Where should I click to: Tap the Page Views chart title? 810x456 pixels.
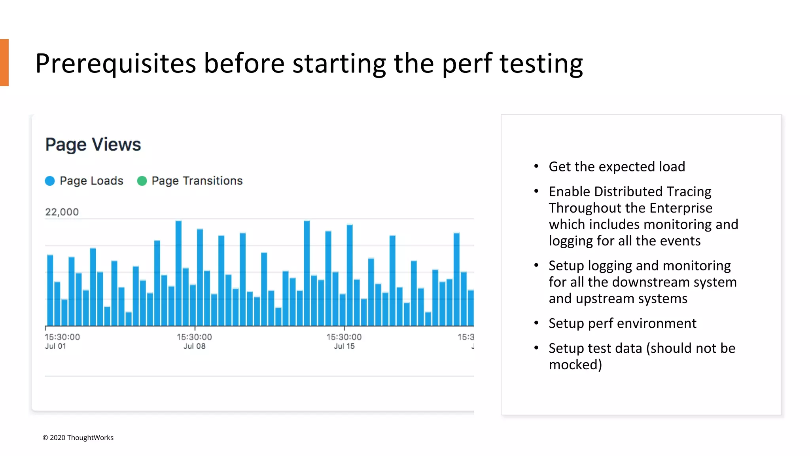(x=93, y=144)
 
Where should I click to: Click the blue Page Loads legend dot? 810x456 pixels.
(x=50, y=181)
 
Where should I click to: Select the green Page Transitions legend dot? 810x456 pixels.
(x=142, y=181)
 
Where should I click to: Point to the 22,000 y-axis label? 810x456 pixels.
(x=62, y=212)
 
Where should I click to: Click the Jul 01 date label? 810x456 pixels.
(x=55, y=346)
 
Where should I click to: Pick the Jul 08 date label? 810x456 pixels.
(x=194, y=346)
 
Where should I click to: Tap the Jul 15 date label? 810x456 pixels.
(x=344, y=346)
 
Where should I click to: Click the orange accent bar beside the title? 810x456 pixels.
(x=4, y=63)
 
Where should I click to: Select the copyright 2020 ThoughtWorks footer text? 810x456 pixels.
(x=78, y=437)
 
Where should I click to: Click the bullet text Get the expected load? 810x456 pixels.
(x=617, y=167)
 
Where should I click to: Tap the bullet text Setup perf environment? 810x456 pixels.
(x=622, y=323)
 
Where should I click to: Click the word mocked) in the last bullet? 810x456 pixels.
(x=575, y=365)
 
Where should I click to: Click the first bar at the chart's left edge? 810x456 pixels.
(x=50, y=291)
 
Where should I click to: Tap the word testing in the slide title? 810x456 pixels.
(x=541, y=63)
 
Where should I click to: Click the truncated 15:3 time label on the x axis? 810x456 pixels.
(x=466, y=337)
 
